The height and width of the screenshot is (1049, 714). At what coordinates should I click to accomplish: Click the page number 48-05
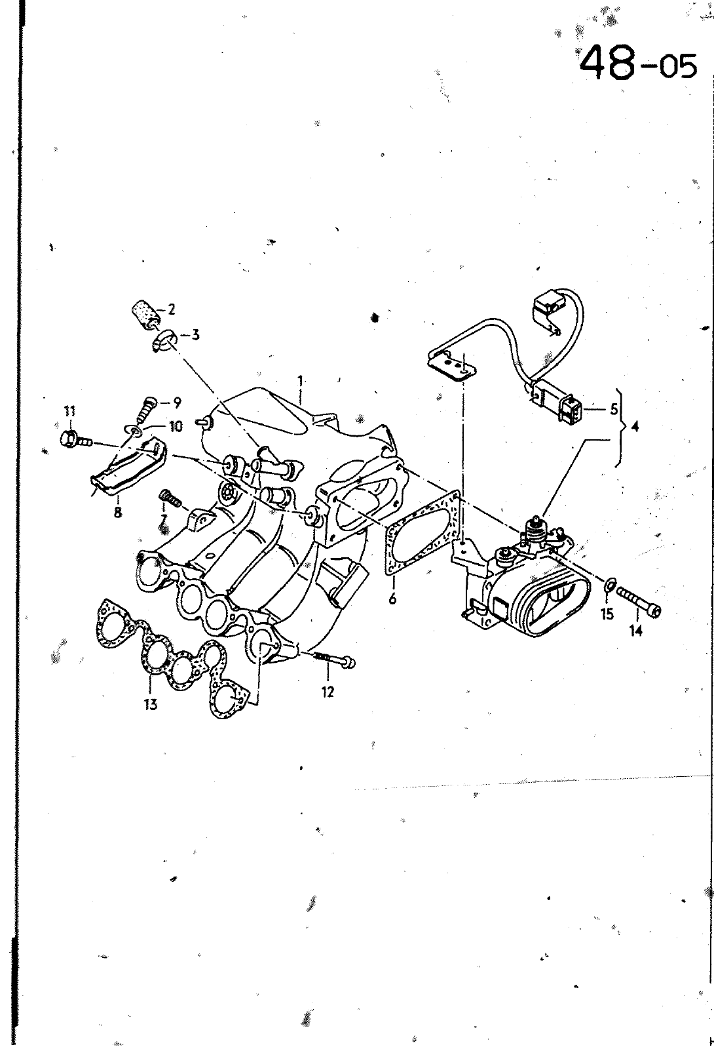click(x=639, y=62)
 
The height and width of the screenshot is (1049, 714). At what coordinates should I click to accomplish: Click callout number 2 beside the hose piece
click(x=172, y=309)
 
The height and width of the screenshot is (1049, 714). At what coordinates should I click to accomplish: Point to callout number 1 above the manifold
click(x=300, y=380)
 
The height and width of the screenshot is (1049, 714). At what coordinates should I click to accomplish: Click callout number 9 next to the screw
click(x=176, y=403)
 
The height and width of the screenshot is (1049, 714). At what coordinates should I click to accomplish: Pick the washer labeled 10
click(x=135, y=431)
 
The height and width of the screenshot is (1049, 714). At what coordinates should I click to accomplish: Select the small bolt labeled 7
click(x=169, y=500)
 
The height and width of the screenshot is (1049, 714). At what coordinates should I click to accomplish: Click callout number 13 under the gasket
click(x=151, y=705)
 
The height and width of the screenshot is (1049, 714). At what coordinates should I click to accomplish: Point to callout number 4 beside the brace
click(x=634, y=427)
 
